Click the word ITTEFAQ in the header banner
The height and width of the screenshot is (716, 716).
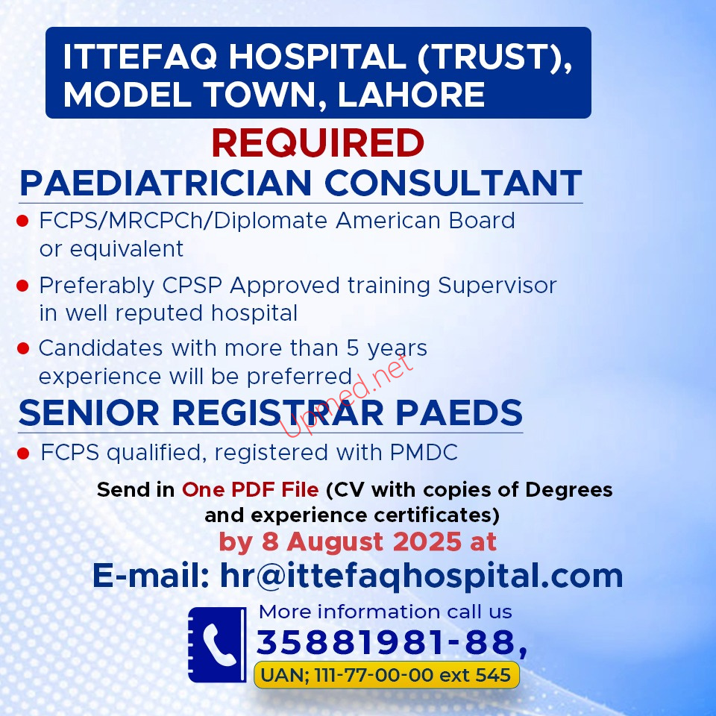click(x=139, y=57)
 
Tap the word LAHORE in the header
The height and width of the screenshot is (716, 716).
click(x=411, y=95)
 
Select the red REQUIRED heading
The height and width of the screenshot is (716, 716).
click(x=318, y=143)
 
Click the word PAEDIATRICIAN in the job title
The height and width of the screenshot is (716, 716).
click(x=166, y=183)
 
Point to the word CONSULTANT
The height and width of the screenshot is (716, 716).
click(x=453, y=183)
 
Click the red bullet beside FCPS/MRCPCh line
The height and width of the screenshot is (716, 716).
click(x=22, y=222)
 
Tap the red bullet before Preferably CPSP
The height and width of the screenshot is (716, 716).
click(x=22, y=286)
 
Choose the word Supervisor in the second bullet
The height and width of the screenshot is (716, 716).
click(x=497, y=286)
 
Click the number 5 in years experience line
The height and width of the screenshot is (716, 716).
click(x=353, y=348)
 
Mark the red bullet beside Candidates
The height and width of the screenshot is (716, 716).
click(x=23, y=348)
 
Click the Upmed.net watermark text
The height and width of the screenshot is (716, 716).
click(x=345, y=395)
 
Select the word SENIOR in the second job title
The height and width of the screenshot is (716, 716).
click(x=89, y=412)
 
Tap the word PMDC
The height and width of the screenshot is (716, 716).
click(x=424, y=453)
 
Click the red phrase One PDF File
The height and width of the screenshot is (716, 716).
click(x=251, y=489)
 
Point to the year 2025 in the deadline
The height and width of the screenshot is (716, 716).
click(x=427, y=542)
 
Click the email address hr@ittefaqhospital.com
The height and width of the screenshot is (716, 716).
click(x=421, y=577)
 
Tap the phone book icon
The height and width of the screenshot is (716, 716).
click(x=217, y=644)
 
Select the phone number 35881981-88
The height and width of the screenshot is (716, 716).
click(x=386, y=642)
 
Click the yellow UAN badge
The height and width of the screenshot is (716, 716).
click(x=386, y=674)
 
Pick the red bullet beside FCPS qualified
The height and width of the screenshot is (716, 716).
click(x=23, y=453)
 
